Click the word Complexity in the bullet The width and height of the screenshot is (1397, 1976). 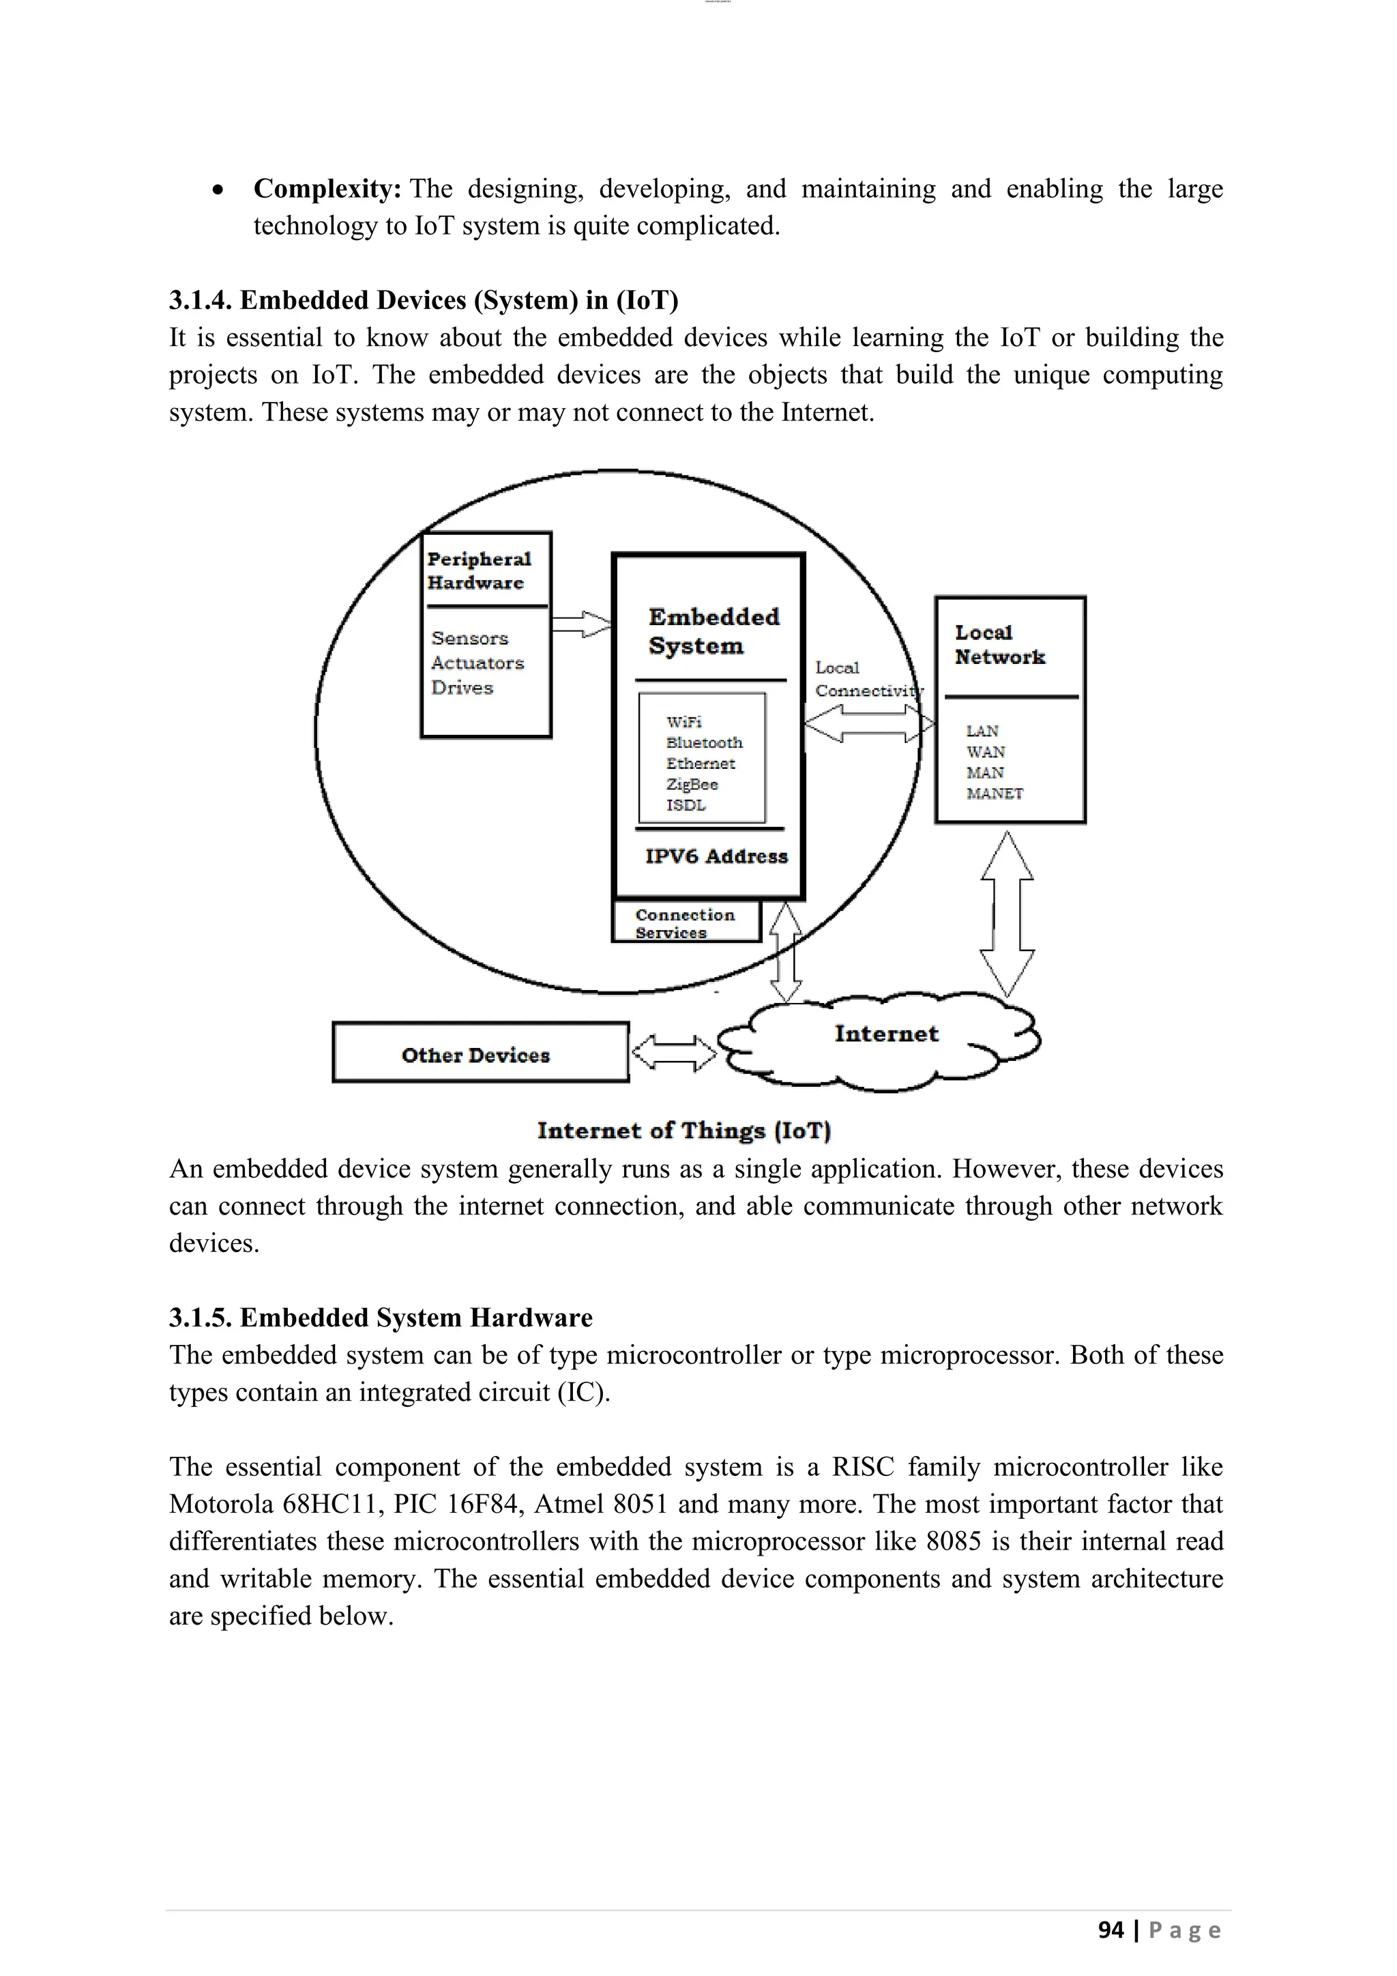point(327,188)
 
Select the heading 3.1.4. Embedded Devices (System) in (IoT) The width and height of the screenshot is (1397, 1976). point(423,300)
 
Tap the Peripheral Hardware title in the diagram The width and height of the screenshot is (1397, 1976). point(479,570)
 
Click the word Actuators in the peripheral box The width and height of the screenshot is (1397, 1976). point(477,663)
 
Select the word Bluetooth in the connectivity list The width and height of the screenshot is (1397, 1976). point(704,742)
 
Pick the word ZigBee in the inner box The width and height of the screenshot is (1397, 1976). point(692,784)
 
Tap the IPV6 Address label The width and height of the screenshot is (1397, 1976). point(716,856)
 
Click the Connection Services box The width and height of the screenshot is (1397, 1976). point(686,922)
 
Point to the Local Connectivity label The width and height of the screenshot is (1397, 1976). point(864,679)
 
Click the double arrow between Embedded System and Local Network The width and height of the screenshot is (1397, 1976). point(869,723)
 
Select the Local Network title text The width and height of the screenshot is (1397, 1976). point(999,645)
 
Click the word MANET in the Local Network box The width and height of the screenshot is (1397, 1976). point(995,794)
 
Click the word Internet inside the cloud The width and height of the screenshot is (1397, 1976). point(886,1034)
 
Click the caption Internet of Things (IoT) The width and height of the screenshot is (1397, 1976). point(684,1131)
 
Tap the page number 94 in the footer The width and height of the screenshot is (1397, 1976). point(1111,1930)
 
